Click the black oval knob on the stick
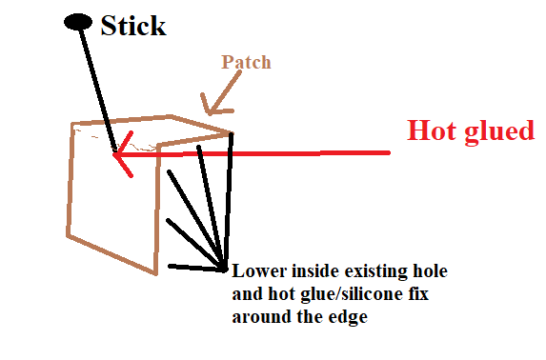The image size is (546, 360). [78, 22]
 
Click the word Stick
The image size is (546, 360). [133, 26]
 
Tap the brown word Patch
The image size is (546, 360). [246, 62]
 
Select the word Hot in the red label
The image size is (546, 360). [432, 130]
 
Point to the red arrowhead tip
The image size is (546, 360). [113, 154]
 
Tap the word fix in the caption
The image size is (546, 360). [416, 293]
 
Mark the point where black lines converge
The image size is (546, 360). [224, 269]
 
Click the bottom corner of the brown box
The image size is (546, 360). [155, 273]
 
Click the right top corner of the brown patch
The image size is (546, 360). [232, 132]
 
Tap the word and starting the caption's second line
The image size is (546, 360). [247, 294]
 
